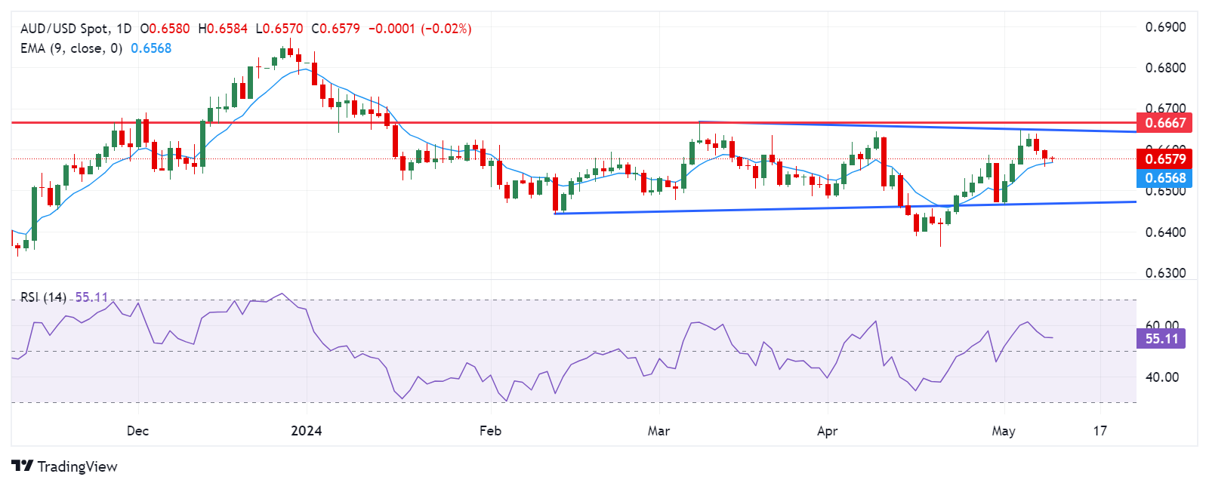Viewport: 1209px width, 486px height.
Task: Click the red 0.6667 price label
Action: (1165, 123)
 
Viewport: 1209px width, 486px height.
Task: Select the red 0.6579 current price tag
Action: (1165, 159)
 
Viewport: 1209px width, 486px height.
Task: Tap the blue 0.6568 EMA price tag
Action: (1165, 178)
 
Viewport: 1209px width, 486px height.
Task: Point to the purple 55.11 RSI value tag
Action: (1161, 339)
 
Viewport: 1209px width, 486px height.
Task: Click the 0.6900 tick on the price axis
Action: (1165, 27)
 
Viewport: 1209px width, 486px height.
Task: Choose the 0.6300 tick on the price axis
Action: (1165, 273)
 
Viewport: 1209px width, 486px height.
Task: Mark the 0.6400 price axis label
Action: (1165, 232)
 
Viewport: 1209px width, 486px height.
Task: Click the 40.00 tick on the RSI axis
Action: (1161, 377)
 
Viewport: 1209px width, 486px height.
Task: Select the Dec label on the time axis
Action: (137, 431)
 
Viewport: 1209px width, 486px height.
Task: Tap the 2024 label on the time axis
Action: (307, 431)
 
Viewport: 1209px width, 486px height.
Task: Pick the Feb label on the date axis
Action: (490, 431)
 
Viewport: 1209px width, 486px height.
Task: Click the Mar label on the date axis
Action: (658, 431)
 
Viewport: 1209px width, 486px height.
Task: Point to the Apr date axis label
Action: (828, 431)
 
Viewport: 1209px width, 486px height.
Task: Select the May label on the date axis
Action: (1004, 431)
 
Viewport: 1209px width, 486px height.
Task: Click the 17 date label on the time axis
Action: (1100, 431)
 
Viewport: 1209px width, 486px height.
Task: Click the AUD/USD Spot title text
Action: (64, 29)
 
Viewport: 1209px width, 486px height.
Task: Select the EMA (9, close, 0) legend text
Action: (71, 48)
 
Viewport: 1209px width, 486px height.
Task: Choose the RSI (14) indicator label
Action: (43, 297)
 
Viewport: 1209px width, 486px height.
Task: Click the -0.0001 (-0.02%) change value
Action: (420, 29)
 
